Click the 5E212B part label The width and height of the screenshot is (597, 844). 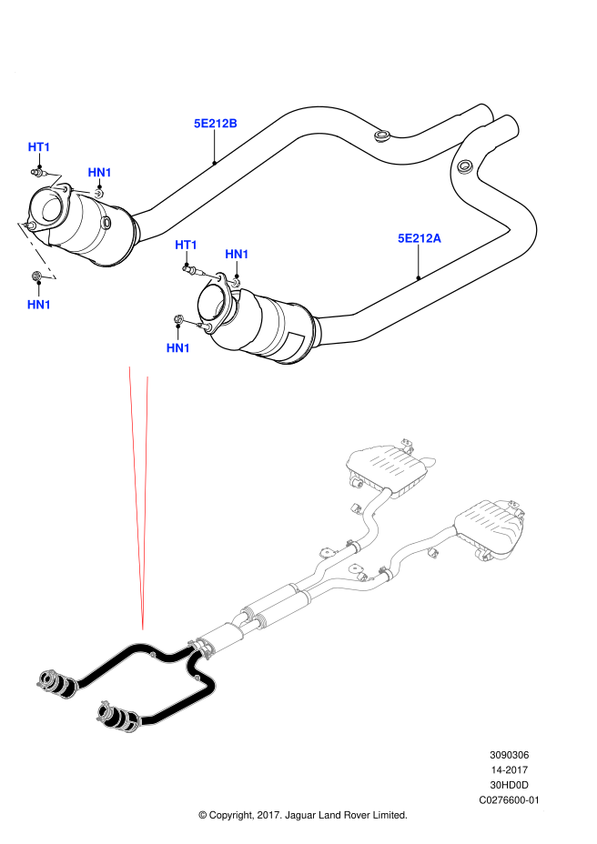pyautogui.click(x=215, y=124)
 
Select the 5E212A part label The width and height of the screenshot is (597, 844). pyautogui.click(x=419, y=238)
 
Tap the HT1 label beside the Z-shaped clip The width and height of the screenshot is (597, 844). pyautogui.click(x=39, y=147)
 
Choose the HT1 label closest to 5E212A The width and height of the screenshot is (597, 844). pyautogui.click(x=186, y=246)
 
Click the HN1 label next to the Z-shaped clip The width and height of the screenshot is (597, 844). pyautogui.click(x=99, y=173)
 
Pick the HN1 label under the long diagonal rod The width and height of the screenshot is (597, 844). pyautogui.click(x=39, y=305)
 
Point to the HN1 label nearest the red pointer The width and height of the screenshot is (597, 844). pyautogui.click(x=177, y=348)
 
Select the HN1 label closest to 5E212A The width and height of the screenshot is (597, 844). pyautogui.click(x=237, y=255)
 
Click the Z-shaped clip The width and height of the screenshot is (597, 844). pyautogui.click(x=56, y=181)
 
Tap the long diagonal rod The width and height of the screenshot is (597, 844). pyautogui.click(x=36, y=249)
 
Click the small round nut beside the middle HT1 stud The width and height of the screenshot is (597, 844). pyautogui.click(x=231, y=282)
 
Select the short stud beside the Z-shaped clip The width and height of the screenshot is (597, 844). pyautogui.click(x=85, y=192)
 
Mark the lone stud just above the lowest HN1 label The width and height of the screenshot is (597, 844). pyautogui.click(x=190, y=322)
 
